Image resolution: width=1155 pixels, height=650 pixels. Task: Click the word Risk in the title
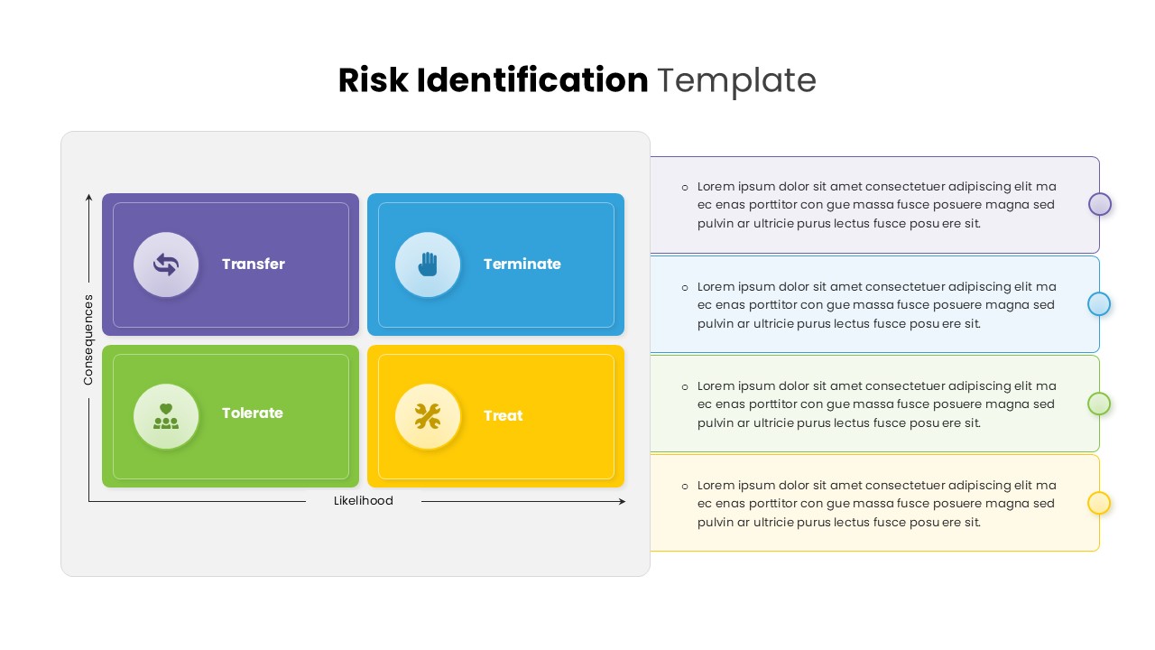tap(372, 80)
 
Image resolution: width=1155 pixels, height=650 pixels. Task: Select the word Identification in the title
tap(531, 80)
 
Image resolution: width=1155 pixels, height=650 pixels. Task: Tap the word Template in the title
tap(736, 80)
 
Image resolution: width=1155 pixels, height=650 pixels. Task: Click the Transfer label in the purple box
tap(254, 265)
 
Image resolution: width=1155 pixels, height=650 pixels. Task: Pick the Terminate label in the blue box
tap(522, 265)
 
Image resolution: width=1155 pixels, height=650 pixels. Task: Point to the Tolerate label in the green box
tap(253, 413)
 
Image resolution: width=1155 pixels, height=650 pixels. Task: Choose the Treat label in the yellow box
tap(503, 416)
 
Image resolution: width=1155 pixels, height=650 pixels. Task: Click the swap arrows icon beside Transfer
tap(166, 265)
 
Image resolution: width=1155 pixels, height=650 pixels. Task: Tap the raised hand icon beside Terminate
tap(428, 265)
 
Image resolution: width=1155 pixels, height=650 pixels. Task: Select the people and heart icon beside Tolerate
tap(166, 416)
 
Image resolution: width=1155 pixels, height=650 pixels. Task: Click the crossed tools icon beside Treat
tap(428, 416)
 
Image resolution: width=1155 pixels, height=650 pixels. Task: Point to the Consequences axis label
tap(88, 339)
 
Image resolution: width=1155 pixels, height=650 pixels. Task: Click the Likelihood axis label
tap(364, 501)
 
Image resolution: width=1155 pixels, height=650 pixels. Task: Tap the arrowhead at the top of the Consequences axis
tap(88, 197)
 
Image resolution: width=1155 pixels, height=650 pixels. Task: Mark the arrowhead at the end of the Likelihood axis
tap(622, 501)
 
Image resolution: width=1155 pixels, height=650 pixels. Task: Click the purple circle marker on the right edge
tap(1099, 204)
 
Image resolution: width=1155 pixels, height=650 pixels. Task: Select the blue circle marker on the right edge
tap(1099, 304)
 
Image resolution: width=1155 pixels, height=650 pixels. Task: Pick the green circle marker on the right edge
tap(1099, 404)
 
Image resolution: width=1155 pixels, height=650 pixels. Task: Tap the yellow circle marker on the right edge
tap(1099, 503)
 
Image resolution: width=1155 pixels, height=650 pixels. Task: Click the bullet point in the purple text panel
tap(685, 187)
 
